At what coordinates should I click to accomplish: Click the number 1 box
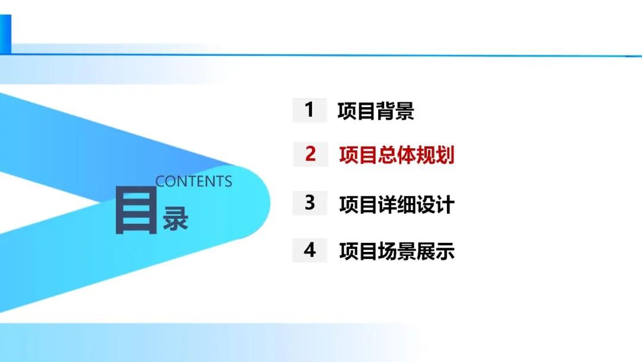point(309,110)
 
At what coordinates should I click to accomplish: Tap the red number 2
point(310,154)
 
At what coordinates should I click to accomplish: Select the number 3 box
point(310,202)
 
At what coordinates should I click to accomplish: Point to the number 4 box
point(310,250)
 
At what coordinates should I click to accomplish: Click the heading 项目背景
point(376,111)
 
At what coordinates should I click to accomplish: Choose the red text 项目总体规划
point(396,155)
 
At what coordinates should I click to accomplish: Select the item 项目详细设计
point(396,204)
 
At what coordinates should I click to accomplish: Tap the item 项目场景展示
point(396,251)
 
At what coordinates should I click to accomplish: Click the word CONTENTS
point(194,182)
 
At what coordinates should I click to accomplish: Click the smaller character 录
point(175,220)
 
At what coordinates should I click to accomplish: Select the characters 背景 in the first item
point(395,111)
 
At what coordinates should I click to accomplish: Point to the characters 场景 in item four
point(396,251)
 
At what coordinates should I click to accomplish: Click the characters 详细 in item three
point(396,204)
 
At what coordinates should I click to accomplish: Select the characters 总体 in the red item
point(396,155)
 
